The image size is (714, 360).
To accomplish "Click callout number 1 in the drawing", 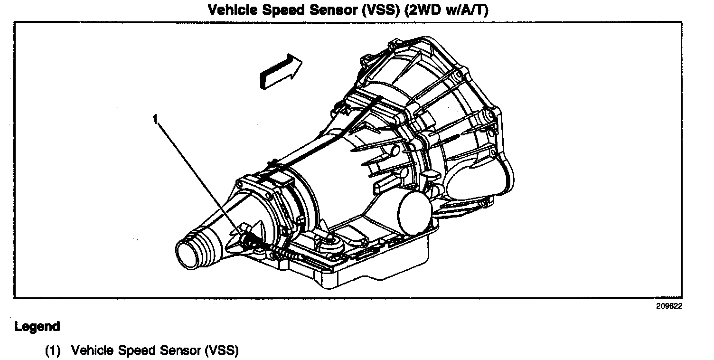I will pyautogui.click(x=154, y=119).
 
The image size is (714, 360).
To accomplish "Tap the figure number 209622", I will pyautogui.click(x=669, y=306).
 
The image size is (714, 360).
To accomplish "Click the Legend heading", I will pyautogui.click(x=37, y=327).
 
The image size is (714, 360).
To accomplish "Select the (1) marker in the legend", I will pyautogui.click(x=53, y=351).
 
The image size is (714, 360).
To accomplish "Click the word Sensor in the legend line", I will pyautogui.click(x=180, y=351).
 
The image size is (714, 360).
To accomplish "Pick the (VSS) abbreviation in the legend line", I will pyautogui.click(x=222, y=351).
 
